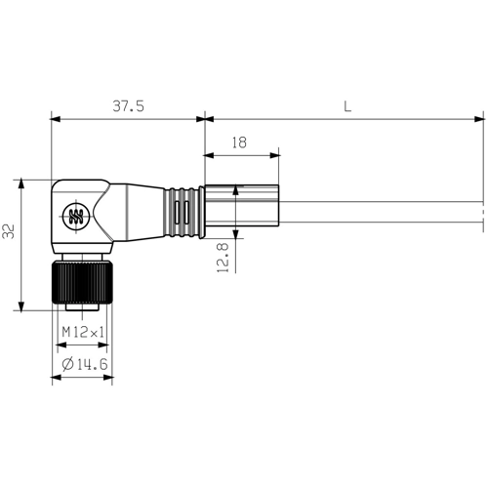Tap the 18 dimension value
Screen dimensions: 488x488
[239, 142]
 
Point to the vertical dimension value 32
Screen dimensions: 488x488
[10, 231]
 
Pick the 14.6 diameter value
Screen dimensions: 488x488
[89, 365]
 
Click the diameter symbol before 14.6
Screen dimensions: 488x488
[65, 365]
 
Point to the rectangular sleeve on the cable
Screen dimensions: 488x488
[241, 209]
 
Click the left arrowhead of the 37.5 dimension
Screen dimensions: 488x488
[55, 120]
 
